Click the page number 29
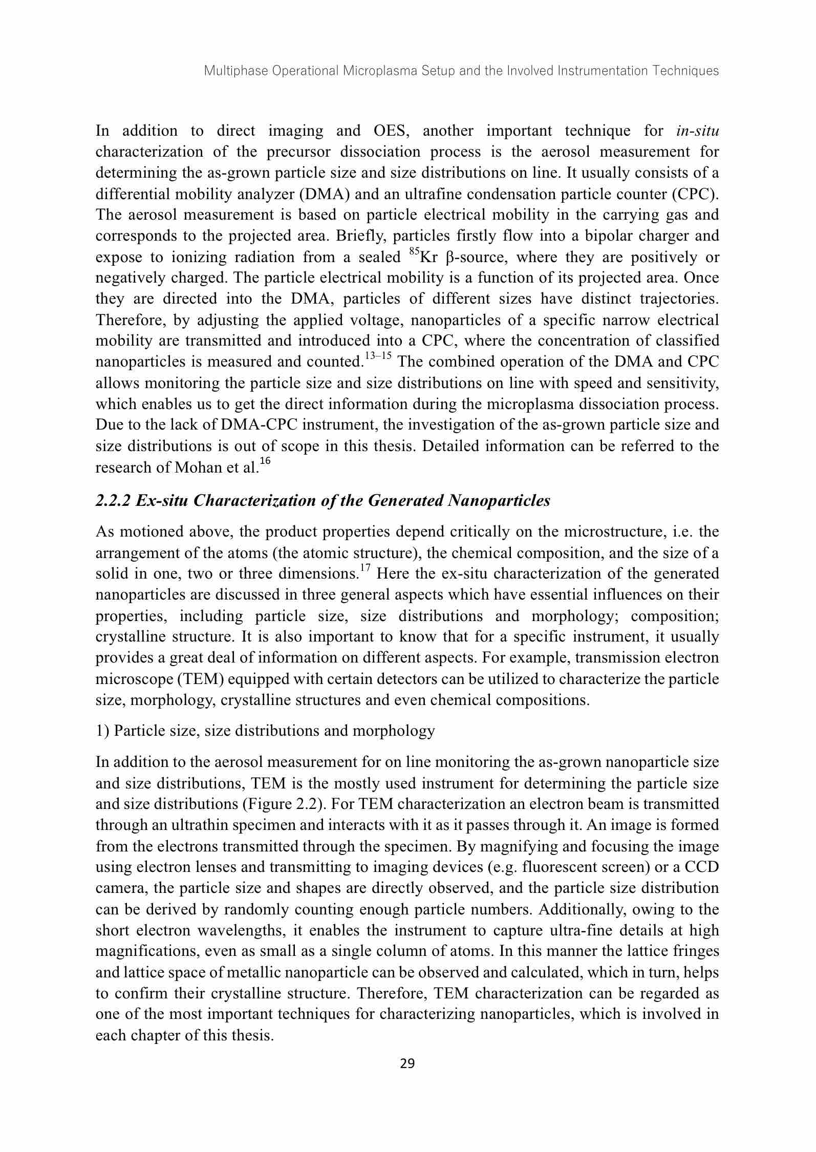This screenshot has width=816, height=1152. tap(407, 1064)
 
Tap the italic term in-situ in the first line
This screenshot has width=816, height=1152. tap(697, 131)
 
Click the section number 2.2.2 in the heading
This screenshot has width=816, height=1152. tap(113, 500)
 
